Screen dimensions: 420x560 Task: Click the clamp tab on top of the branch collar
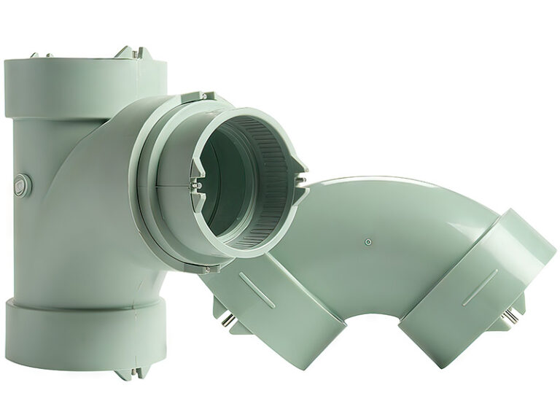point(196,97)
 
